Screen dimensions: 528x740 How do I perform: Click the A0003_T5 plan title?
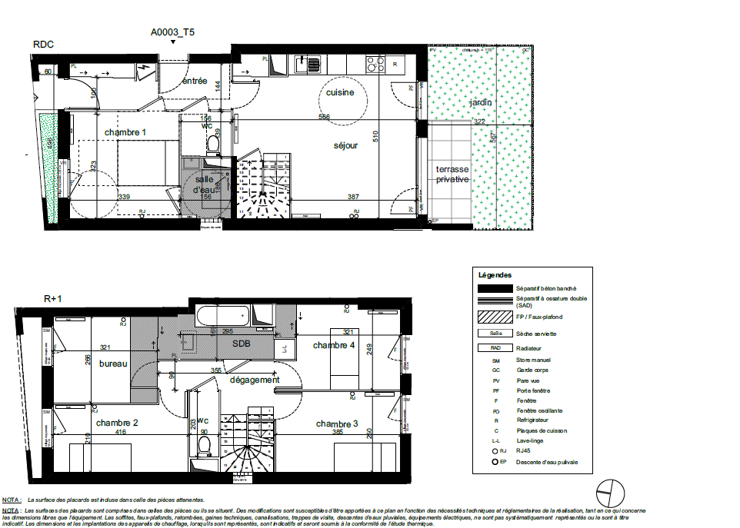tap(173, 32)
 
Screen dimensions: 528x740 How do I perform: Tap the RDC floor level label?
tap(43, 45)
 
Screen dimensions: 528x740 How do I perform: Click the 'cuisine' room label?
tap(339, 92)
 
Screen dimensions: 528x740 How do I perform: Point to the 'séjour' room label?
tap(345, 145)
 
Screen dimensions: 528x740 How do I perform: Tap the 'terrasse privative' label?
tap(452, 174)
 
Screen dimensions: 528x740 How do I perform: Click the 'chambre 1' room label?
tap(125, 132)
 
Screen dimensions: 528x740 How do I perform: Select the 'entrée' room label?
tap(194, 81)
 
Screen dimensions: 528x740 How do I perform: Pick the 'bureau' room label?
tap(113, 364)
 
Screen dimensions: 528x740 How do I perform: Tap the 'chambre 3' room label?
tap(337, 424)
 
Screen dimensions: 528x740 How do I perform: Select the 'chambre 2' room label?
tap(117, 423)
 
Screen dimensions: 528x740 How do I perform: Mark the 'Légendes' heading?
tap(495, 274)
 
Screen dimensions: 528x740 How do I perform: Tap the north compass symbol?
tap(609, 490)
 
